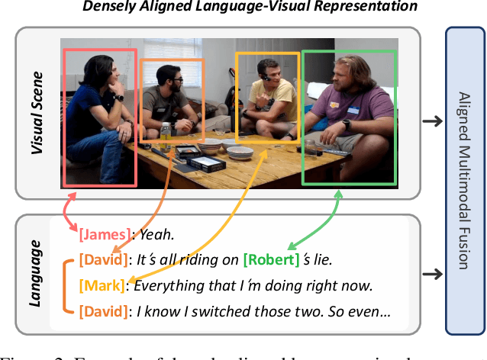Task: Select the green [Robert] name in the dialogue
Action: (x=272, y=260)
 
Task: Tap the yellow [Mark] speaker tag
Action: (x=103, y=286)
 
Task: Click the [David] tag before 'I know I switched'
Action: (x=103, y=311)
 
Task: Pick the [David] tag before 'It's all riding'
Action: (x=103, y=260)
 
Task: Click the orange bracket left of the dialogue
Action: (x=64, y=286)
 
